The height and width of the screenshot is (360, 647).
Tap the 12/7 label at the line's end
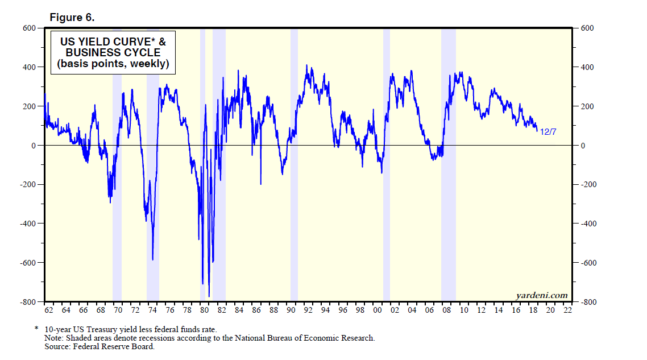click(548, 131)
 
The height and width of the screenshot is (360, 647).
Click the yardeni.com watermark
click(541, 295)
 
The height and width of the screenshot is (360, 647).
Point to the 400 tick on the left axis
click(29, 67)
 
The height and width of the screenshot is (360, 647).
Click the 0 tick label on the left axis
click(33, 146)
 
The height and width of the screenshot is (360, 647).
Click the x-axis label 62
click(48, 311)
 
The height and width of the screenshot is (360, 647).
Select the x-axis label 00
click(378, 311)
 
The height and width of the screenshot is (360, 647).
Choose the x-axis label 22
click(567, 311)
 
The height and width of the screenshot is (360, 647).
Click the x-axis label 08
click(446, 311)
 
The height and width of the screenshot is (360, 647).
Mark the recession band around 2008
click(449, 171)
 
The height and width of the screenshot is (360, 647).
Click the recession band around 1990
click(294, 171)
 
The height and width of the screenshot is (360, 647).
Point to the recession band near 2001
click(387, 171)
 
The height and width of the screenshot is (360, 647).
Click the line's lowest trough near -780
click(209, 296)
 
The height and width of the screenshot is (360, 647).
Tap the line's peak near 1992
click(306, 66)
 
